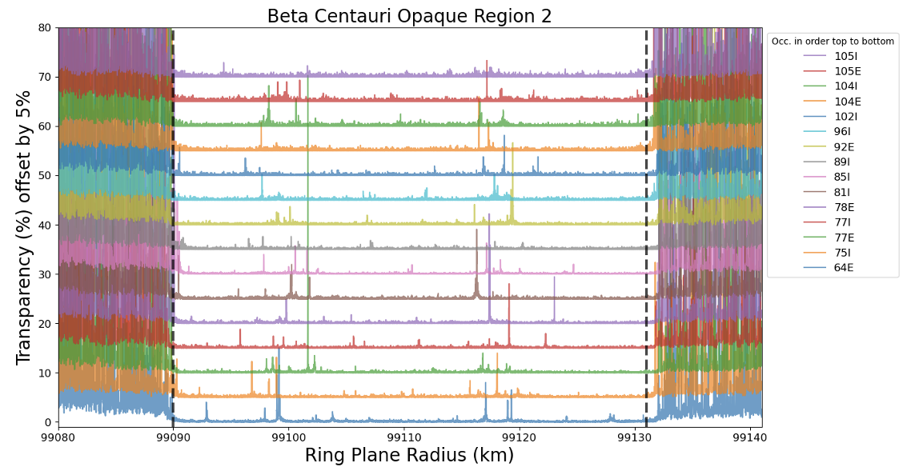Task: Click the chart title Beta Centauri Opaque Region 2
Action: coord(409,16)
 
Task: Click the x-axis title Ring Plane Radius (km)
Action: coord(409,455)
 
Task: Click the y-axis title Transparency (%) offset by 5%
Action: coord(24,227)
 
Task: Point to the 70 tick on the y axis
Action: coord(45,77)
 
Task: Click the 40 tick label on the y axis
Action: coord(45,225)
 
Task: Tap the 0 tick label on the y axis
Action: coord(48,422)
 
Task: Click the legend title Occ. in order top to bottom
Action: coord(833,42)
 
